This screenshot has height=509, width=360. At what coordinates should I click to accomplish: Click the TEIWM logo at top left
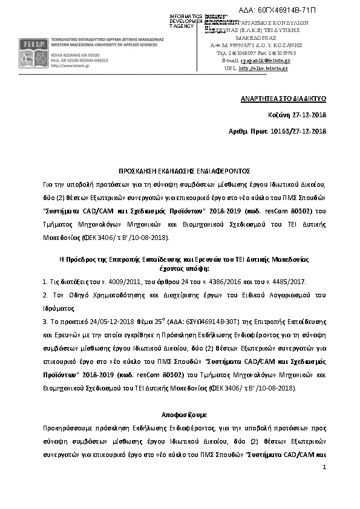pyautogui.click(x=30, y=46)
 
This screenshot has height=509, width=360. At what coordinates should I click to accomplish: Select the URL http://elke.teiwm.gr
pyautogui.click(x=264, y=68)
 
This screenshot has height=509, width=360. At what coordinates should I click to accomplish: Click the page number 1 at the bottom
pyautogui.click(x=325, y=467)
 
